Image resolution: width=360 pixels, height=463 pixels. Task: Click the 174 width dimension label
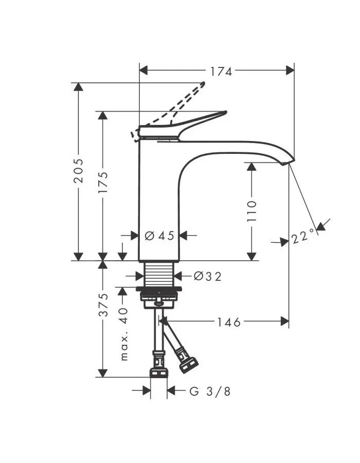[x=221, y=72]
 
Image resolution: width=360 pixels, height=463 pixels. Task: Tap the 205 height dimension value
[x=79, y=171]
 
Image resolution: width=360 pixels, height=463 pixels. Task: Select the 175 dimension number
[x=103, y=183]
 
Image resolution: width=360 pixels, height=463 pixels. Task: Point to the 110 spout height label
[x=251, y=211]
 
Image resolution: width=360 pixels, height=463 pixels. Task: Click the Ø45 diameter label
[x=159, y=236]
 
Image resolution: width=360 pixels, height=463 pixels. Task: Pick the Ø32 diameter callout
[x=207, y=276]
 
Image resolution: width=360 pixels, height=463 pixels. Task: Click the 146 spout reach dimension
[x=229, y=322]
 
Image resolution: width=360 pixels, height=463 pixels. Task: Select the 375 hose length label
[x=103, y=305]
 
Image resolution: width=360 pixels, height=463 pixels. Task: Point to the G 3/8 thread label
[x=209, y=391]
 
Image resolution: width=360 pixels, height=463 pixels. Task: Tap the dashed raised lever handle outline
[x=168, y=111]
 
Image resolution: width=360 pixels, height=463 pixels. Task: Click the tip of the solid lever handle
[x=226, y=112]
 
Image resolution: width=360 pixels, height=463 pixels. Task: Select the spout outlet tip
[x=289, y=163]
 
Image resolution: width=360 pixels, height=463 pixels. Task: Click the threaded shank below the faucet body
[x=159, y=274]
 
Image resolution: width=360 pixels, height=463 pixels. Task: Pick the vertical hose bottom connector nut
[x=158, y=372]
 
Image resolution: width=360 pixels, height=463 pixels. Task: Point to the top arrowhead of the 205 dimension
[x=79, y=87]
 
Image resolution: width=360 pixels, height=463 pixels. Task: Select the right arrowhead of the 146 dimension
[x=285, y=321]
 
